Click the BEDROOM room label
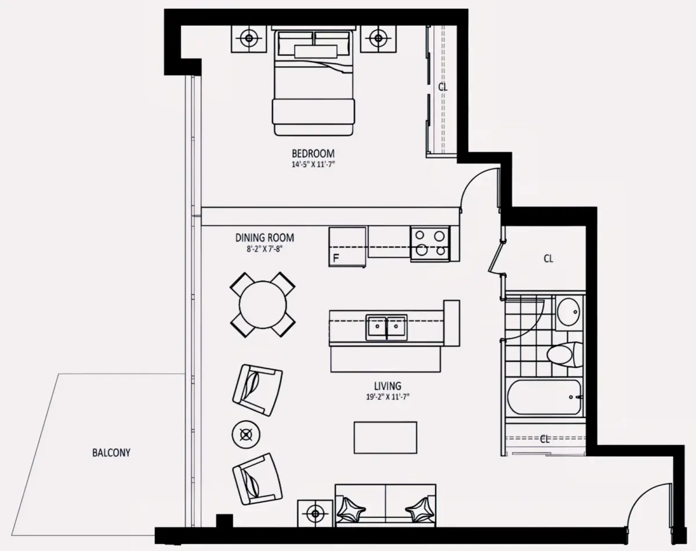(313, 153)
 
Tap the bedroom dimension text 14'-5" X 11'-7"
(313, 164)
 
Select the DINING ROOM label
(264, 237)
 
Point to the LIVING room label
(387, 386)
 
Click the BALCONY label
(111, 452)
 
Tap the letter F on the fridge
(336, 258)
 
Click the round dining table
(263, 305)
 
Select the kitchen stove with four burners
(430, 244)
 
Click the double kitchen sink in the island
(386, 327)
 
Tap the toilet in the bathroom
(565, 354)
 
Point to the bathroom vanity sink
(569, 312)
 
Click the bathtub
(545, 397)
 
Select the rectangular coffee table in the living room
(385, 437)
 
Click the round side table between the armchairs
(246, 434)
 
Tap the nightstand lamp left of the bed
(249, 38)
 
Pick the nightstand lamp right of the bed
(378, 38)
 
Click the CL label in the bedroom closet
(443, 87)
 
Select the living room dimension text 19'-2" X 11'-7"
(387, 397)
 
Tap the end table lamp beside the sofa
(316, 514)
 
